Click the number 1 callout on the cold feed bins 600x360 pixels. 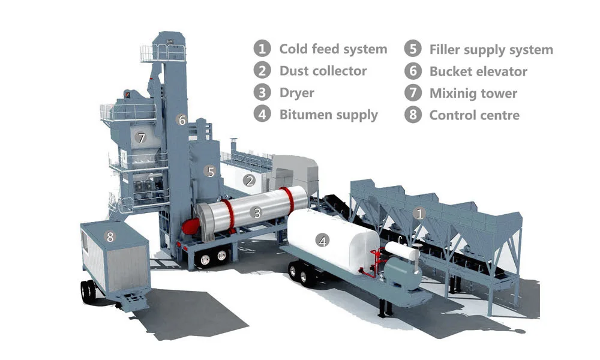point(420,212)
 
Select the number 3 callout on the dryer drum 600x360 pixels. point(257,212)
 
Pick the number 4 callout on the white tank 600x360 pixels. point(323,241)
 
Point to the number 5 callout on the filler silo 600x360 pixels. point(210,172)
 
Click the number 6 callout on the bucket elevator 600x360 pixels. point(182,120)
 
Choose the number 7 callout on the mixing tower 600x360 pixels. point(141,138)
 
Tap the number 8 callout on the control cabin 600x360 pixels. point(110,236)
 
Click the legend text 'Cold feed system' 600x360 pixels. point(333,49)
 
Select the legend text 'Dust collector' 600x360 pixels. point(323,71)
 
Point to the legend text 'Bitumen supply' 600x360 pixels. point(328,115)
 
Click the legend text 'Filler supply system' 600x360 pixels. point(491,49)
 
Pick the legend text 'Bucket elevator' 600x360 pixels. point(478,71)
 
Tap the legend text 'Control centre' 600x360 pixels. point(474,115)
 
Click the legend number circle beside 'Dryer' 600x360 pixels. point(262,93)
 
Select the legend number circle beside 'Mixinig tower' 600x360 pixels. point(413,93)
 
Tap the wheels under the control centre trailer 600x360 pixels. point(89,291)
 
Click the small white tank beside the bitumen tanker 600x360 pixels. point(401,250)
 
